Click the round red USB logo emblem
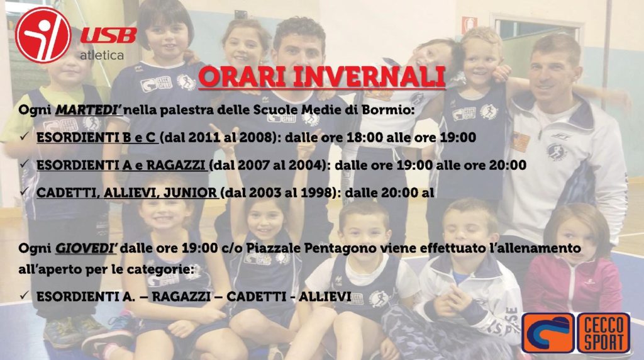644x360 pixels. pos(43,35)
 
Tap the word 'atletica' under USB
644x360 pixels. pos(102,55)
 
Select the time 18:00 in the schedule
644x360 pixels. pos(360,137)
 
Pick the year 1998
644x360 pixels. pos(314,193)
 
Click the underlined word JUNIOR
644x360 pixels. pos(191,193)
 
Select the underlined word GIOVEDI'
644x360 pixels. pos(86,248)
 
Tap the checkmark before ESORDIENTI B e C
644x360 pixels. pos(25,137)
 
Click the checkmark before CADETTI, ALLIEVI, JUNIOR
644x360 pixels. pos(25,191)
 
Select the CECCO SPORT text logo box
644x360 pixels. pos(603,334)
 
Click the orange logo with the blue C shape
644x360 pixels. pos(548,334)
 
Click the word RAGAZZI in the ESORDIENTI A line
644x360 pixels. pos(176,165)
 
